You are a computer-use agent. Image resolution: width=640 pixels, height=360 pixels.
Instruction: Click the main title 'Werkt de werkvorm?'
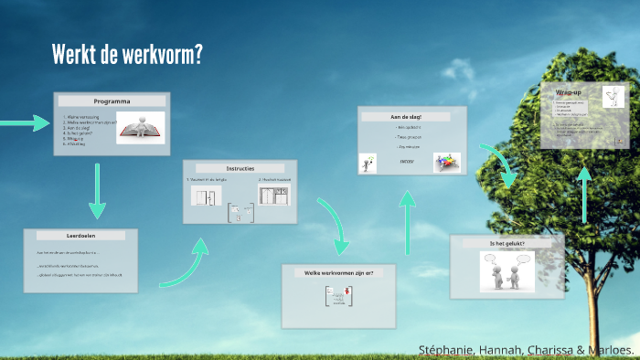click(127, 54)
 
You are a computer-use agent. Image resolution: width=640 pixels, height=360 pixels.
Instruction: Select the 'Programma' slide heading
click(112, 101)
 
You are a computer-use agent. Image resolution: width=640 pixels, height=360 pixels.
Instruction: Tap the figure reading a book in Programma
click(140, 128)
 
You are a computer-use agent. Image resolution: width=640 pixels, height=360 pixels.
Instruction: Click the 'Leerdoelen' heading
click(80, 236)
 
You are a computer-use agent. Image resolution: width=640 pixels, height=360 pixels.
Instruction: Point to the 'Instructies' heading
click(240, 168)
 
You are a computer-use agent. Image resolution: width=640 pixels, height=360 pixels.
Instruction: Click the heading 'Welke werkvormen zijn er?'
click(339, 272)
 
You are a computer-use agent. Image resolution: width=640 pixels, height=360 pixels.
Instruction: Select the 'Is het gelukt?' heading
click(507, 243)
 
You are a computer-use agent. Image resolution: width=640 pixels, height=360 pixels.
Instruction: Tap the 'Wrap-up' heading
click(570, 92)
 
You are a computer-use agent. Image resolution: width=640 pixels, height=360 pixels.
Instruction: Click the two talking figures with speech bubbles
click(506, 271)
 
